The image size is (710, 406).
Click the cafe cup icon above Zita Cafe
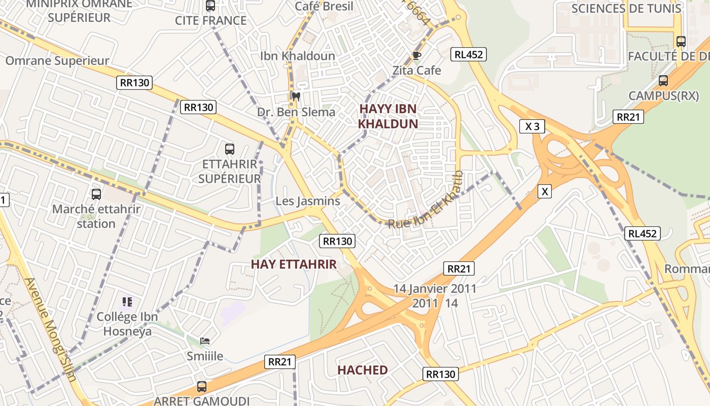coord(416,55)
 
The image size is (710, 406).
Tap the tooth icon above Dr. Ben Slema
coord(296,96)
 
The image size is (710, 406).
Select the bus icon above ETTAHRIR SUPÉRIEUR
coord(230,149)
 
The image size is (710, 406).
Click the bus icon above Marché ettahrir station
coord(96,194)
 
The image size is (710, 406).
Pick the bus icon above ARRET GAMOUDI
coord(202,387)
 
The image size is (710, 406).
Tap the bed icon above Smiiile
coord(205,341)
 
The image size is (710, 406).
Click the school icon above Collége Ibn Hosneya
coord(127,302)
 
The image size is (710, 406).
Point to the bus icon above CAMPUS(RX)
coord(663,80)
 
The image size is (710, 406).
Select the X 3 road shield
coord(532,126)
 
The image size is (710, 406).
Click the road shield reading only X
coord(545,191)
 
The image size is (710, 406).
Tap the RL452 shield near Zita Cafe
coord(469,54)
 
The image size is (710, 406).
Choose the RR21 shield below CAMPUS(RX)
coord(628,117)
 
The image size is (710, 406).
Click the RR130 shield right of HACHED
coord(441,374)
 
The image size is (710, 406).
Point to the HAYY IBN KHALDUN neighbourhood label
coord(388,116)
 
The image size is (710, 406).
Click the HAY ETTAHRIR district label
coord(294,264)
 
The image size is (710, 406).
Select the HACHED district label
coord(363,370)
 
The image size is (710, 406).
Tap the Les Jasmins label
coord(308,201)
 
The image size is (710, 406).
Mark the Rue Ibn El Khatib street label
coord(427,202)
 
